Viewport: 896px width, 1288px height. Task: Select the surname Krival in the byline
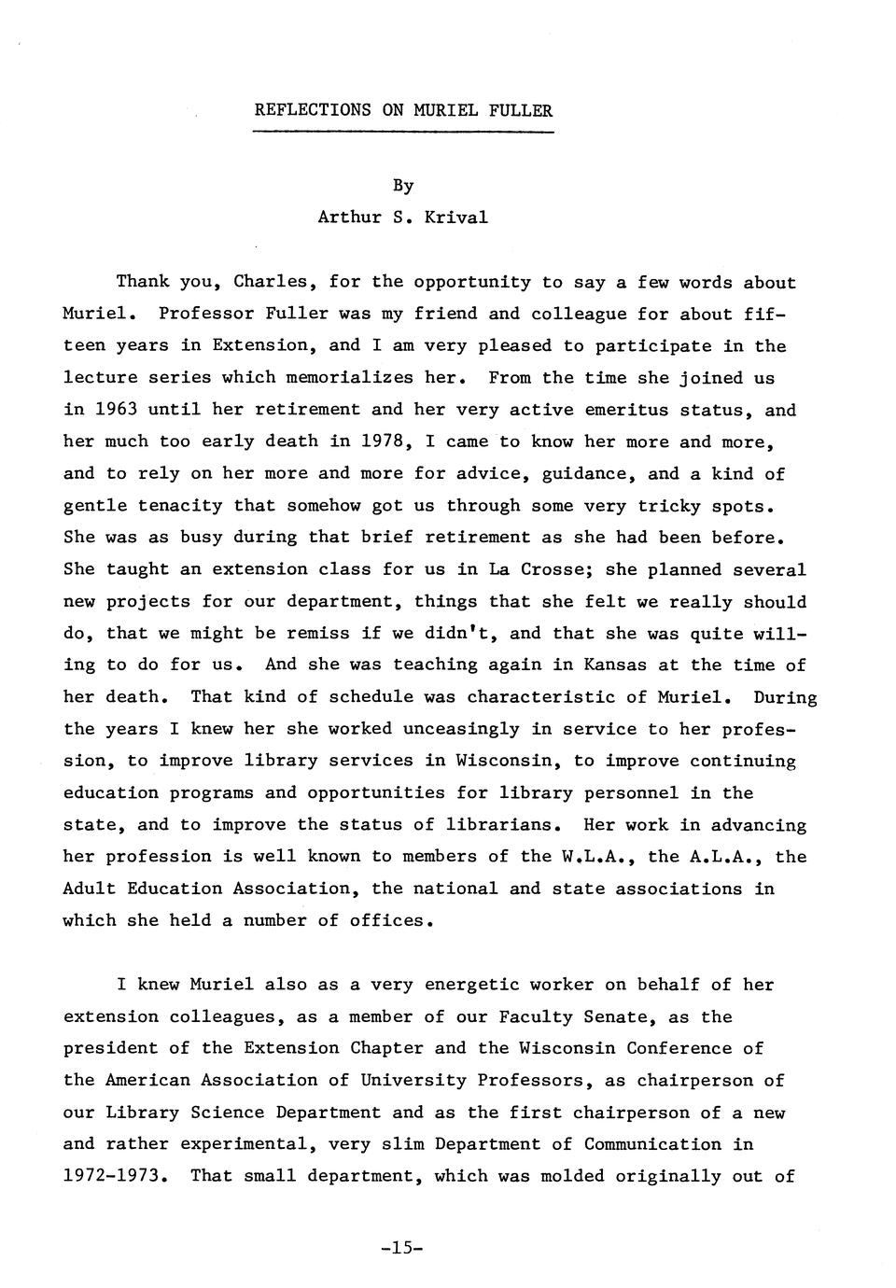tap(455, 217)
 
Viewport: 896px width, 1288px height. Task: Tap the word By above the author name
tap(402, 186)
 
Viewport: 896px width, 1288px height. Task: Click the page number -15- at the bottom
tap(402, 1247)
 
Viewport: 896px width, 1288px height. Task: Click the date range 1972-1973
tap(116, 1176)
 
